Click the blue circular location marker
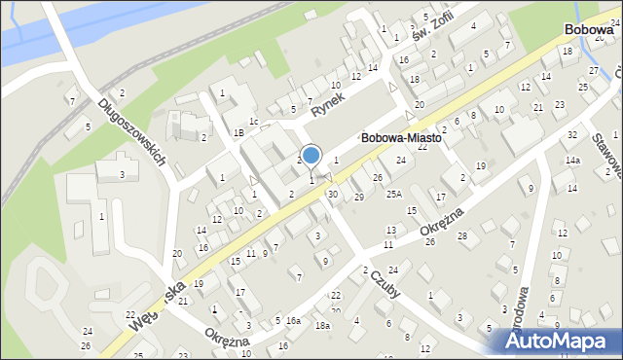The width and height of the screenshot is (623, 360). click(x=311, y=155)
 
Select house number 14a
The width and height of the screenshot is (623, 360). click(x=572, y=161)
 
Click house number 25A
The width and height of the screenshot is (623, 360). click(x=393, y=194)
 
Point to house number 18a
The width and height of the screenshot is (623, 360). click(x=323, y=326)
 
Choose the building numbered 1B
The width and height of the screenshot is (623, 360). click(x=238, y=132)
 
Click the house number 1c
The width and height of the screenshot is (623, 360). click(x=253, y=121)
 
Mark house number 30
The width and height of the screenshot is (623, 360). click(x=333, y=195)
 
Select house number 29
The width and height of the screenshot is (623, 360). click(x=358, y=198)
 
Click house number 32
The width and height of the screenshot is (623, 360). click(x=572, y=134)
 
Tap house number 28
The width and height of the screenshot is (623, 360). click(x=462, y=236)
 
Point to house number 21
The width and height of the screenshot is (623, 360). click(x=538, y=107)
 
